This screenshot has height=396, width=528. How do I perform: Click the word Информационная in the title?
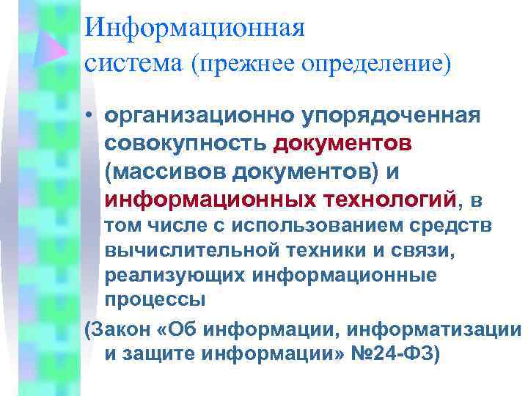(194, 27)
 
